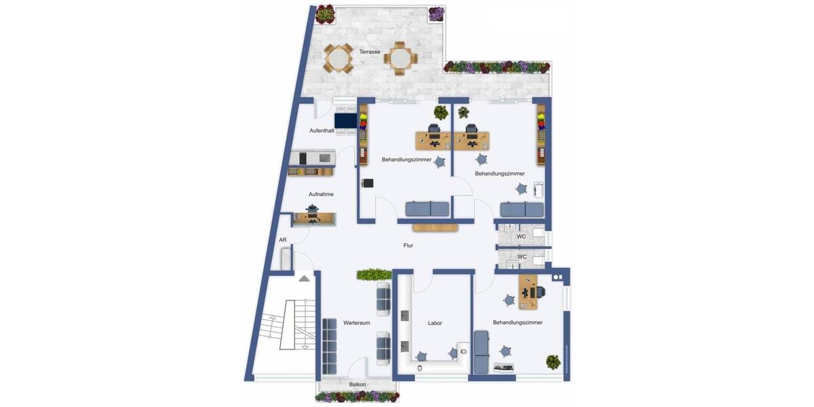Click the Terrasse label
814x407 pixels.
tap(370, 52)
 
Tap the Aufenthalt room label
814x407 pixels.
tap(322, 130)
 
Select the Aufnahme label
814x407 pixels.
tap(321, 194)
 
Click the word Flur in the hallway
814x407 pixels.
tap(408, 246)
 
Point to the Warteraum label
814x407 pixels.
tap(356, 323)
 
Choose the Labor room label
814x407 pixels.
tap(435, 323)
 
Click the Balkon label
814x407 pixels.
tap(357, 385)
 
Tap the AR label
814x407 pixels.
tap(283, 240)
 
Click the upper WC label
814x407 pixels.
tap(522, 237)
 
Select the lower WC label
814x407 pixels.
tap(522, 257)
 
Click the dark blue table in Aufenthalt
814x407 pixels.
tap(345, 120)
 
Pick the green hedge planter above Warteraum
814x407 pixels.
tap(374, 274)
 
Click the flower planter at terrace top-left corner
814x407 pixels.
tap(326, 14)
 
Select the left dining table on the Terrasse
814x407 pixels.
tap(338, 58)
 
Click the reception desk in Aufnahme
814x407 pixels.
tap(314, 218)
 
